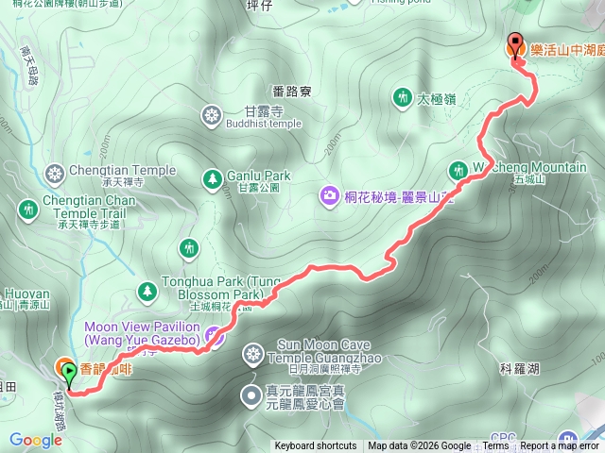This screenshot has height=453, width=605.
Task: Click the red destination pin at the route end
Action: [x=515, y=44]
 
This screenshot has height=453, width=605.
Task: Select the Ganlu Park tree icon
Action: [x=212, y=176]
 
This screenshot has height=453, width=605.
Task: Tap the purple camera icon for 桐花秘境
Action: [x=329, y=195]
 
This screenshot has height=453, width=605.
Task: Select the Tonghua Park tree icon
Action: [x=146, y=289]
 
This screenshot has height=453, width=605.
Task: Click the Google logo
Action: [x=36, y=440]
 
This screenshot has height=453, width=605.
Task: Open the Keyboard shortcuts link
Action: [x=316, y=446]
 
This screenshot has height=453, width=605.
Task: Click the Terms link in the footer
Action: [x=495, y=446]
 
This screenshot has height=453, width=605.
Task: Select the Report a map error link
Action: [x=559, y=446]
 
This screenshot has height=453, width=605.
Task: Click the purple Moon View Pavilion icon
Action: [x=216, y=333]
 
